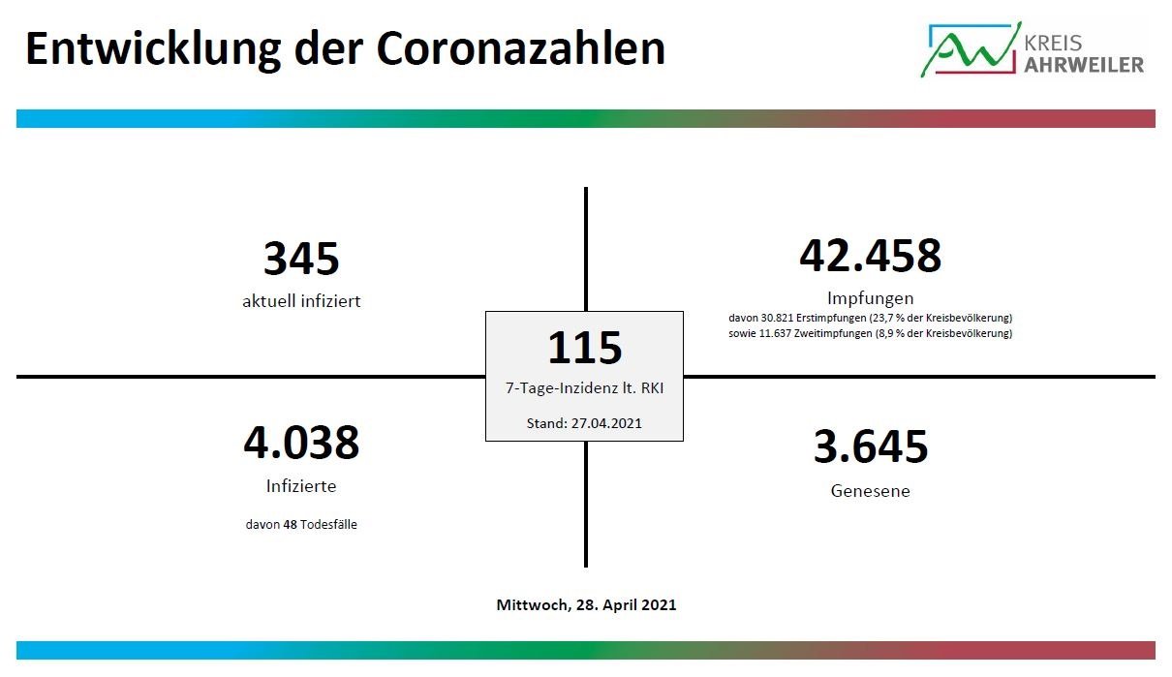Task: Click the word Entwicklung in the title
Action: click(x=153, y=49)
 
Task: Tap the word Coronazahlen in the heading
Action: click(x=520, y=48)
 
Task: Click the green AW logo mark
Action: click(x=972, y=49)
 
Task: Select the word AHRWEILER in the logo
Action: click(x=1084, y=65)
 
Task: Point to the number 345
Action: click(x=301, y=258)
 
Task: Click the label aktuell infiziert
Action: click(x=301, y=301)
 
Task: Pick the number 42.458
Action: click(x=870, y=256)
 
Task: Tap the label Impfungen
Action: click(x=870, y=298)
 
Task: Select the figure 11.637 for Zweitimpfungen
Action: click(x=775, y=333)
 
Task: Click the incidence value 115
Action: click(x=584, y=348)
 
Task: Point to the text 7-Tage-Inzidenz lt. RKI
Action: click(x=584, y=388)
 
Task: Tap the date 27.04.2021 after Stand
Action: click(x=606, y=423)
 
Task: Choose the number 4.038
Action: click(x=301, y=443)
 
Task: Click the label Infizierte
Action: click(x=301, y=486)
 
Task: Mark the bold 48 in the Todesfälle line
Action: click(x=290, y=524)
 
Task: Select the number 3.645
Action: click(x=871, y=446)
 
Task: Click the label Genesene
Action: click(x=870, y=491)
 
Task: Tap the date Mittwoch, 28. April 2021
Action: click(x=586, y=604)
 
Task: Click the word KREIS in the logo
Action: click(x=1052, y=43)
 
